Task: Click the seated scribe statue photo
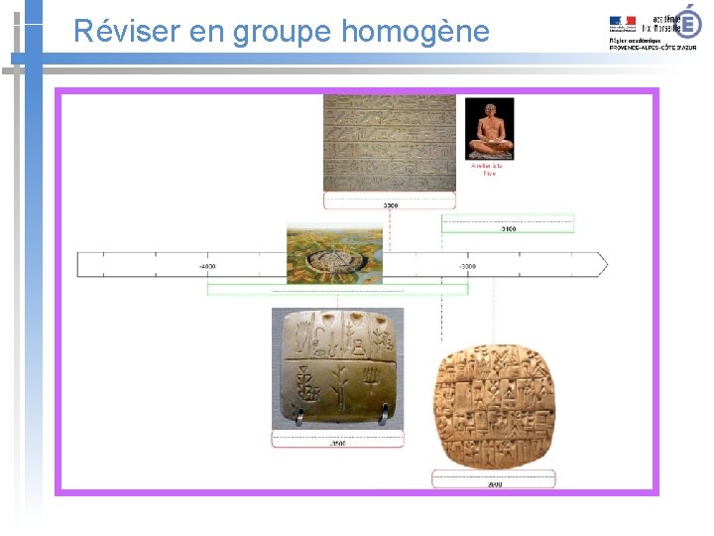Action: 489,129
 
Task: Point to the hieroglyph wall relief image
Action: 390,143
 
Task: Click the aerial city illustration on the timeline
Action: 334,254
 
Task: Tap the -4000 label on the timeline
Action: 207,267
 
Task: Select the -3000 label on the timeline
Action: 467,267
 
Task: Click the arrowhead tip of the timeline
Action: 606,264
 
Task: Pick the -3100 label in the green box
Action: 508,228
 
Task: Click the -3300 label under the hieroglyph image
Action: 390,204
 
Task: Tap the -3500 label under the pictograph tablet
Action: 338,443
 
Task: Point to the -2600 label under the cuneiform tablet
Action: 494,483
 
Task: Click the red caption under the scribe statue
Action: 488,170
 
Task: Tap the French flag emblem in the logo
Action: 623,21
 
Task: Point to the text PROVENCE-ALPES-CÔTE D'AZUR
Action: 652,48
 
